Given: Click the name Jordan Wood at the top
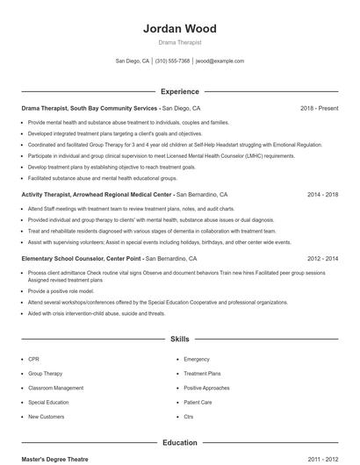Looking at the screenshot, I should coord(180,29).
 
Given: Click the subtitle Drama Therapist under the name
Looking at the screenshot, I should coord(180,42).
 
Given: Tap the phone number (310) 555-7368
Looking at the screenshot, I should coord(173,61).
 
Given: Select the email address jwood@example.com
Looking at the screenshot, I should coord(220,61).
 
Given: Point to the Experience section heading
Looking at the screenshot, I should coord(180,91).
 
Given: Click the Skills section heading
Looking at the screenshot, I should coord(180,338).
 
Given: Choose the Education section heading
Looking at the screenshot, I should coord(180,443).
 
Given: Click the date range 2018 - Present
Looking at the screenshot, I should coord(319,108).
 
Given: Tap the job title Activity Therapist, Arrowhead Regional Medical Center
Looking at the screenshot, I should coord(97,194).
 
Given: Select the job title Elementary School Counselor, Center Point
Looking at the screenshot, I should coord(82,259).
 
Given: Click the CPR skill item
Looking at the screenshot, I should coord(33,359).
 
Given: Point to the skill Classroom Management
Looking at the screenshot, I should coord(56,388).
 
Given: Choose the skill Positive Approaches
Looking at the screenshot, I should coord(206,388).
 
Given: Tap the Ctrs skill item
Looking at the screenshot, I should coord(189,416).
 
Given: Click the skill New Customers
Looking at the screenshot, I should coord(47,416).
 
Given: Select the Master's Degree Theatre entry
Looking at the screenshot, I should coord(54,459).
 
